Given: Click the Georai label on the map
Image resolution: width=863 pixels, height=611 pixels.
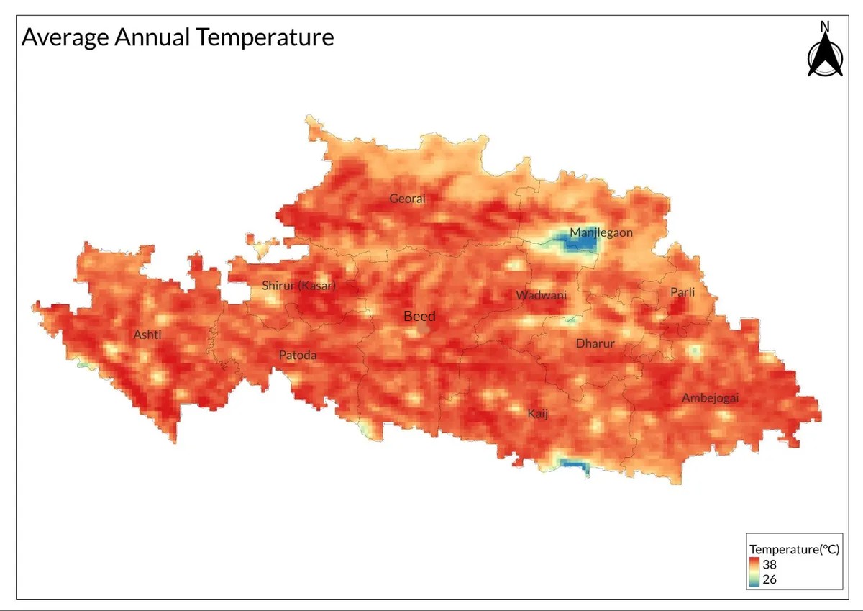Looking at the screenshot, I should [x=407, y=199].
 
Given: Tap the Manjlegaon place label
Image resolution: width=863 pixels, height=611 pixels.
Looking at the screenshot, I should [x=601, y=232].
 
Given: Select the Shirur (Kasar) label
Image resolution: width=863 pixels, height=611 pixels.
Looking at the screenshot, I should [x=298, y=286].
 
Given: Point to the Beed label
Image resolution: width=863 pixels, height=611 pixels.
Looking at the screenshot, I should [x=419, y=316].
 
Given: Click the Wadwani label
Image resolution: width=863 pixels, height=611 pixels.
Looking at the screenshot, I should [x=541, y=295].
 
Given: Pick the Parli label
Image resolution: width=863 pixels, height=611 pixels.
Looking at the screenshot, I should [x=682, y=292].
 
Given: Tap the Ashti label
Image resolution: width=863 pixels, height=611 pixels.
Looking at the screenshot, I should [x=147, y=335].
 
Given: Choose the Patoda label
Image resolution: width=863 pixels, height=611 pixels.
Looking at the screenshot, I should [x=298, y=356].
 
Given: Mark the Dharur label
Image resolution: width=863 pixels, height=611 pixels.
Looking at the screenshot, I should [x=595, y=343].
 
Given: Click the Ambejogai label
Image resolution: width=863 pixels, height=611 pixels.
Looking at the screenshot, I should [x=711, y=398].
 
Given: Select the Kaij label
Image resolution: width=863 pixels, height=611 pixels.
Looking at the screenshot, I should [x=538, y=413].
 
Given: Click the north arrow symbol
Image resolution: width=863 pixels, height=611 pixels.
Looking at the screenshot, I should [x=825, y=56].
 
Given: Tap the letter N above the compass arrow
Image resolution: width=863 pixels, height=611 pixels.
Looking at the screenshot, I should [x=825, y=27].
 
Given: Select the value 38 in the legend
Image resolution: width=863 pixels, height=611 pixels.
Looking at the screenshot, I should [x=770, y=565].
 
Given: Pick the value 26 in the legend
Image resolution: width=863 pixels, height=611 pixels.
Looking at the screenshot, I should [x=770, y=579].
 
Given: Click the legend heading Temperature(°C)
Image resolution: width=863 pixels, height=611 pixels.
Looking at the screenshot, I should [x=795, y=549].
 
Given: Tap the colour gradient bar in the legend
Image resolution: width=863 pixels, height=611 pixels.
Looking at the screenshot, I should [x=754, y=571].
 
